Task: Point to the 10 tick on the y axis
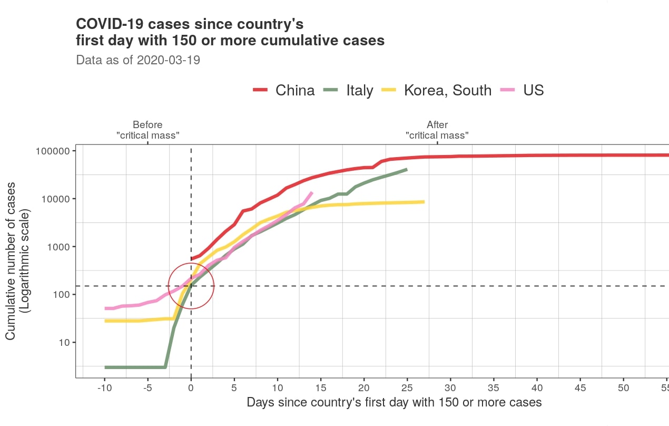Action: (63, 343)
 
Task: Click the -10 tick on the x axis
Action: (104, 389)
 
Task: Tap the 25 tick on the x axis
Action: (407, 389)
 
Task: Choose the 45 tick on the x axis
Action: (580, 389)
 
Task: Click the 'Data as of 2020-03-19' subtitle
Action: (138, 60)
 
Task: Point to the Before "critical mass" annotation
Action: (147, 130)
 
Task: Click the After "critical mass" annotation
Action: (437, 130)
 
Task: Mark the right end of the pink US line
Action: (312, 192)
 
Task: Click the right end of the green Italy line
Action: (407, 169)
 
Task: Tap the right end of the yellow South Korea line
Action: (424, 201)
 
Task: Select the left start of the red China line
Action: (191, 259)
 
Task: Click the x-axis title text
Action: (394, 403)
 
